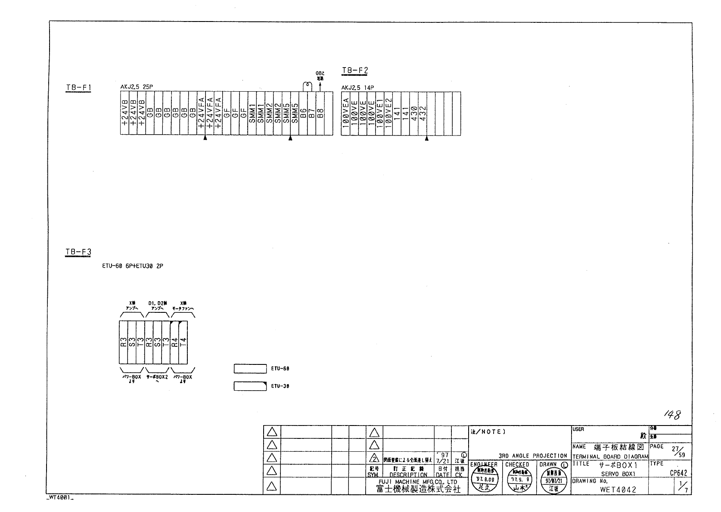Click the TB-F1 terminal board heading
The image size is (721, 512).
[78, 88]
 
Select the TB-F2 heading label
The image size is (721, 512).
[355, 71]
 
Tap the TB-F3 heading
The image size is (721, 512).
[78, 252]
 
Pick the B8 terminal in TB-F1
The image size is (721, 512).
[320, 114]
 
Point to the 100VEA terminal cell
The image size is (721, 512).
[345, 114]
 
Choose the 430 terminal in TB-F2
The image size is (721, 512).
[413, 114]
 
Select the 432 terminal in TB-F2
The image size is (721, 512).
[422, 114]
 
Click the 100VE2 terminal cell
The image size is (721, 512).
[388, 114]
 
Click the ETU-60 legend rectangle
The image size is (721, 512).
[250, 369]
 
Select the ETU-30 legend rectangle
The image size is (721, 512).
[250, 386]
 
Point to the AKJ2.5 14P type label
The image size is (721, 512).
[357, 88]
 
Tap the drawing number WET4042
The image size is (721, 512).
[618, 490]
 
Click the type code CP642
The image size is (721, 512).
[678, 473]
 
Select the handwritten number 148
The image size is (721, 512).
[671, 415]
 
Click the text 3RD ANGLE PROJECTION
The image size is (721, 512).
[533, 456]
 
